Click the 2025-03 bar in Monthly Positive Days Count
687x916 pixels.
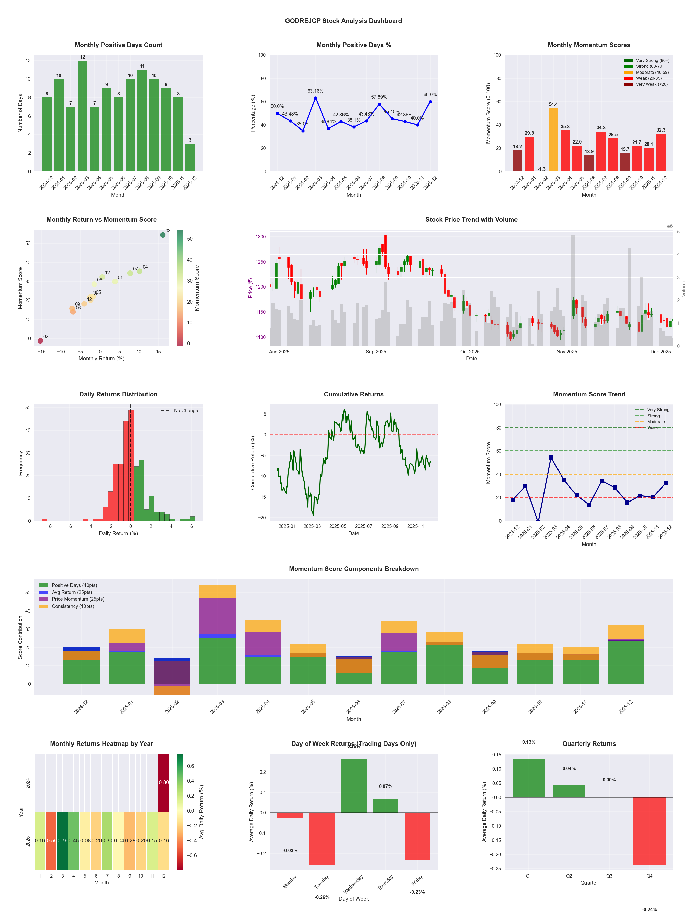[82, 116]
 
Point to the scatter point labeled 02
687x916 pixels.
[40, 341]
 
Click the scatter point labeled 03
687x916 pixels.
[163, 235]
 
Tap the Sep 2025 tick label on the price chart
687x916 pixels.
[376, 352]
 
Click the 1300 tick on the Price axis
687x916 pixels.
[261, 237]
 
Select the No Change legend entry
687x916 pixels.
[185, 411]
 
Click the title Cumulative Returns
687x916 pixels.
[354, 394]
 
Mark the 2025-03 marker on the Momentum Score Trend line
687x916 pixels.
[551, 457]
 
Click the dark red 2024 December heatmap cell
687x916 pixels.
[164, 783]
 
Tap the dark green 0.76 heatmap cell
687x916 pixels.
[63, 841]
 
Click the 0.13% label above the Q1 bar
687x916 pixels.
[528, 742]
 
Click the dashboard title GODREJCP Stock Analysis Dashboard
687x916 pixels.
[343, 21]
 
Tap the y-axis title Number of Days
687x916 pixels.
[20, 113]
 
